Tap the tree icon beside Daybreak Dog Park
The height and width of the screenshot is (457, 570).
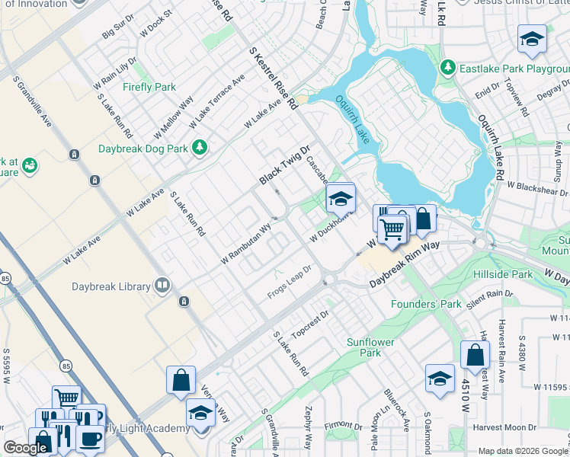(200, 146)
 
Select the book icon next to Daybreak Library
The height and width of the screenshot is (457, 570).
(162, 286)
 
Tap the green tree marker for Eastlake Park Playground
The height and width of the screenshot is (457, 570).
(447, 69)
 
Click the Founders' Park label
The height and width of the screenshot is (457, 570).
(426, 304)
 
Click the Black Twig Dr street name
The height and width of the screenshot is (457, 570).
(285, 165)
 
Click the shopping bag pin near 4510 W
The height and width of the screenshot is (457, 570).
(475, 355)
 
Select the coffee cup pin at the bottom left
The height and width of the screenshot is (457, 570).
(91, 439)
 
